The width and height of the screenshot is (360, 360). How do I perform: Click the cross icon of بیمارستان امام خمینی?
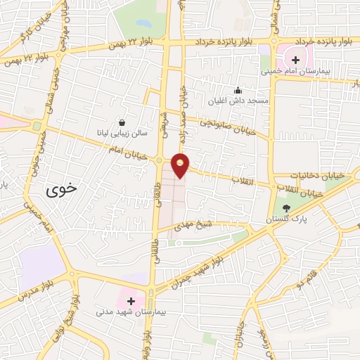(296, 60)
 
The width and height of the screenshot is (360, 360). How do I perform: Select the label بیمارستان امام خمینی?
(291, 72)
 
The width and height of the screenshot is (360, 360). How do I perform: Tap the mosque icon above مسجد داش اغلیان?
(238, 90)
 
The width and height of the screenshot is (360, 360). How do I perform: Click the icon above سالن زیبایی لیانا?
(123, 121)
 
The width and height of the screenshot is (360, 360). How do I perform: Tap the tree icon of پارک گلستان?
(286, 208)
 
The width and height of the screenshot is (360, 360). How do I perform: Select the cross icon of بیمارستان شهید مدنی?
(131, 300)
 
